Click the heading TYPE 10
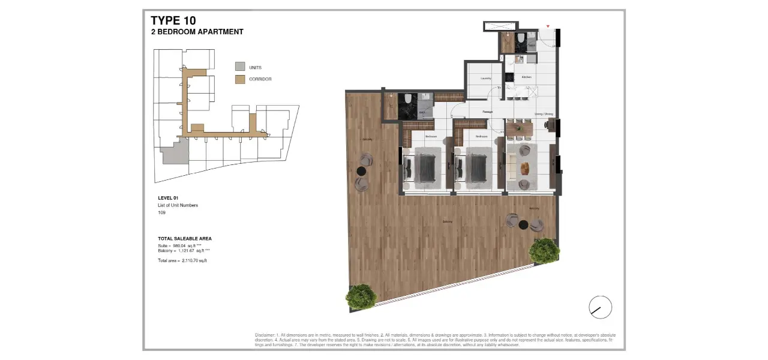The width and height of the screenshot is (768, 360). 173,21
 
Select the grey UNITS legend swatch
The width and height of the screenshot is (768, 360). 240,67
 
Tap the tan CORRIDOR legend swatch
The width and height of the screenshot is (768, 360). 240,79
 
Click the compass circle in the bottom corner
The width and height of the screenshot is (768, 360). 600,307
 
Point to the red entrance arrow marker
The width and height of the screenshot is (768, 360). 548,26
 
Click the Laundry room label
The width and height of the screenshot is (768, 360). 486,79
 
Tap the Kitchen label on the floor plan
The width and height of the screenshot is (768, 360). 526,77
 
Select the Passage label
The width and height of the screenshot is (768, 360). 488,112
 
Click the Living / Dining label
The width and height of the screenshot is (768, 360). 544,114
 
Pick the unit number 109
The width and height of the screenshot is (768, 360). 161,212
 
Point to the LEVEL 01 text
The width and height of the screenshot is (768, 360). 168,197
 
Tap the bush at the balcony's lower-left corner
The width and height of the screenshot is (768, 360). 361,296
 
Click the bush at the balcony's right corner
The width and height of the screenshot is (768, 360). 544,251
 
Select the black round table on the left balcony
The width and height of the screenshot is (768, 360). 361,171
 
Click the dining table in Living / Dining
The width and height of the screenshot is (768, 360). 519,128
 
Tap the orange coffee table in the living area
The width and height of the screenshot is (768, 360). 524,167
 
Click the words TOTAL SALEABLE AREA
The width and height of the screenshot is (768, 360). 185,239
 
